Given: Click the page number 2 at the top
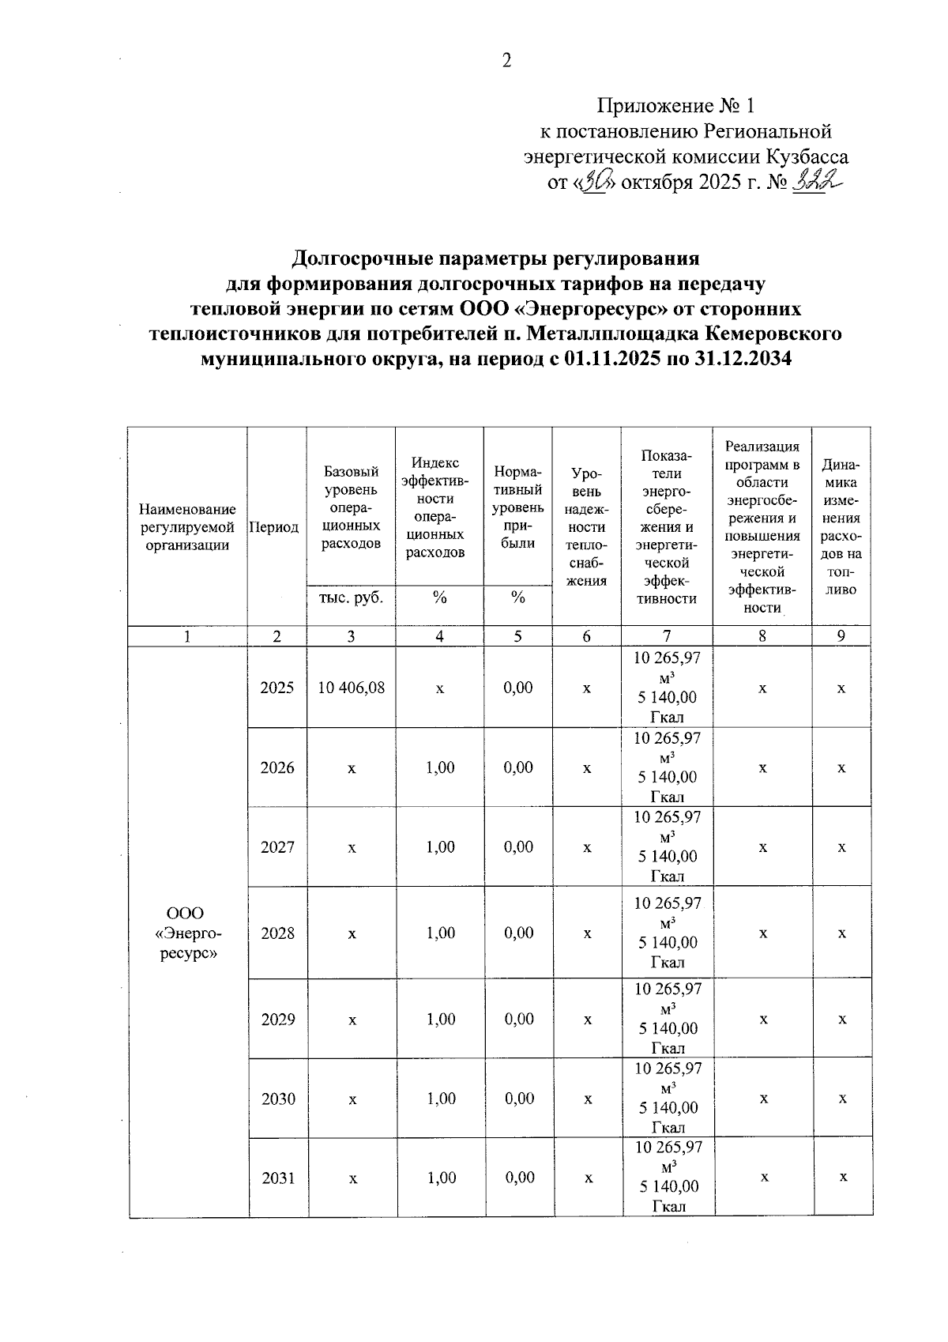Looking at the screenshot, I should point(506,60).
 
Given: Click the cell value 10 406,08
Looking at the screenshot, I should point(352,688).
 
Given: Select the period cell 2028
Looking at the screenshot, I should point(277,933).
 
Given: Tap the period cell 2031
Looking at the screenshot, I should point(278,1178).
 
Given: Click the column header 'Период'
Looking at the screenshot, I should point(274,527).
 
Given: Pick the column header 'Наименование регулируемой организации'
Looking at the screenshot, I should point(187,527).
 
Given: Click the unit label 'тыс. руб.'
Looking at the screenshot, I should point(351,597).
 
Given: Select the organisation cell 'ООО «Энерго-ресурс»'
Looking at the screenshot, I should point(188,933).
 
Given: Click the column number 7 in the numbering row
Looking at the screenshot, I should point(667,636).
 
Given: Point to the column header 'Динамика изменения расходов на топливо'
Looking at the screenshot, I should point(841,527).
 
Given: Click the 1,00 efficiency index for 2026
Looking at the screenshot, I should point(440,767).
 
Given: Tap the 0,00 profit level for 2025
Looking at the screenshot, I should point(518,688).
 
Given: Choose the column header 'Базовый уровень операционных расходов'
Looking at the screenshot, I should point(351,507).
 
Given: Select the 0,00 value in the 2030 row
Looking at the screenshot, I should point(519,1099).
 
